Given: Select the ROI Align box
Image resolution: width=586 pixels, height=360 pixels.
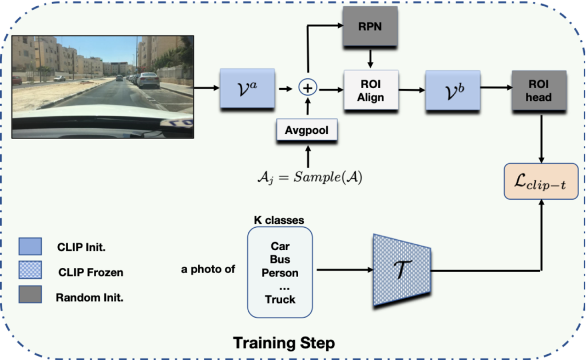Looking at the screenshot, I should pos(371,90).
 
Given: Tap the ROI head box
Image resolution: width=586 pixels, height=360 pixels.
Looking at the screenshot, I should pos(539,90).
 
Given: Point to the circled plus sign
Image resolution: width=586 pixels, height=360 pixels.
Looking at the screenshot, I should pos(308,88).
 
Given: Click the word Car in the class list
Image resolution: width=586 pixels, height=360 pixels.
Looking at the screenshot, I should pos(280,246).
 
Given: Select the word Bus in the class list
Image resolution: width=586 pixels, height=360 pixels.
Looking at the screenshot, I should pos(280,260).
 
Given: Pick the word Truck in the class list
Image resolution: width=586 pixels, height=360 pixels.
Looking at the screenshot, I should pos(280,299).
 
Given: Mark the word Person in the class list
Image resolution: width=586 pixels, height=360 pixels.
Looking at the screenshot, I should pos(280,273).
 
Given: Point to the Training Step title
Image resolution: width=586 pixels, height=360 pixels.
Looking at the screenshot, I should pos(283,343).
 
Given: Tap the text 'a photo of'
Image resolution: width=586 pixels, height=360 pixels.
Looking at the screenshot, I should pos(208,269).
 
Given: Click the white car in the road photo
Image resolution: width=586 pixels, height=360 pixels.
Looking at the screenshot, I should pos(148,80).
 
